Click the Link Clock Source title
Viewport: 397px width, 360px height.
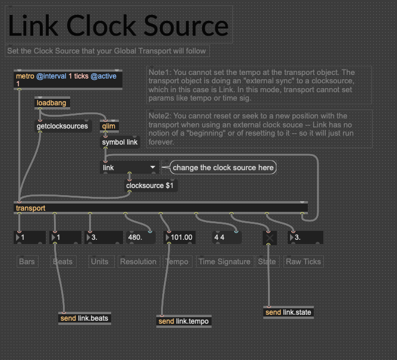point(118,26)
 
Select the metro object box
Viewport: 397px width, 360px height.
point(67,80)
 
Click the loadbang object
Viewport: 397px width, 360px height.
point(52,103)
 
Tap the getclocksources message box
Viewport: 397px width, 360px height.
point(62,126)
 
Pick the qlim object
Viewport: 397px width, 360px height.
point(109,126)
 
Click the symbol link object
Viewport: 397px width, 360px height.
point(119,142)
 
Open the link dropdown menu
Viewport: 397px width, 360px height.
point(130,168)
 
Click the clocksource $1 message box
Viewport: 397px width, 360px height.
point(150,186)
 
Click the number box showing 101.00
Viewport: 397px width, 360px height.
point(181,237)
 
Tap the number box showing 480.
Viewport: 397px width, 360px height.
point(138,237)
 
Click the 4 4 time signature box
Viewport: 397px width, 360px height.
point(226,237)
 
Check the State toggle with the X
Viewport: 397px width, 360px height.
point(270,237)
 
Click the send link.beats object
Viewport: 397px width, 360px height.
point(84,318)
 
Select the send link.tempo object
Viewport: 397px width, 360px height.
point(184,321)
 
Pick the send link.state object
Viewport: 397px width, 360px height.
point(288,312)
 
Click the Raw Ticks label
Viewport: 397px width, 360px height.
point(304,261)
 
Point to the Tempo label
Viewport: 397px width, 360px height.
point(177,261)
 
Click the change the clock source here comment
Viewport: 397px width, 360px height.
point(223,168)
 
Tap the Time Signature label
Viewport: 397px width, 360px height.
point(225,261)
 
